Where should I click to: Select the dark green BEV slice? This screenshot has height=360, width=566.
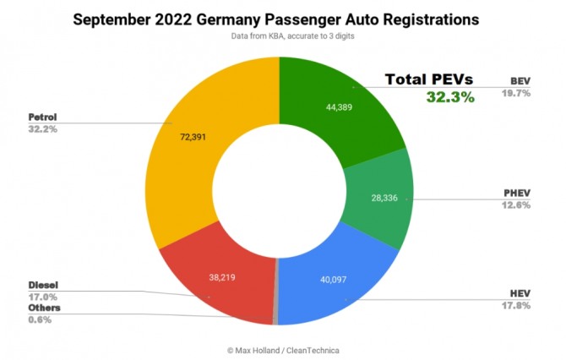(x=338, y=93)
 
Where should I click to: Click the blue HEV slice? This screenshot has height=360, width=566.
(x=338, y=287)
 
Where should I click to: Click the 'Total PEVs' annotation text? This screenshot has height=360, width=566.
(x=429, y=79)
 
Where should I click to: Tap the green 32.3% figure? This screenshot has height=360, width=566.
(x=450, y=97)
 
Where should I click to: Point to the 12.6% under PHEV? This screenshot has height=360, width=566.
(x=516, y=203)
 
